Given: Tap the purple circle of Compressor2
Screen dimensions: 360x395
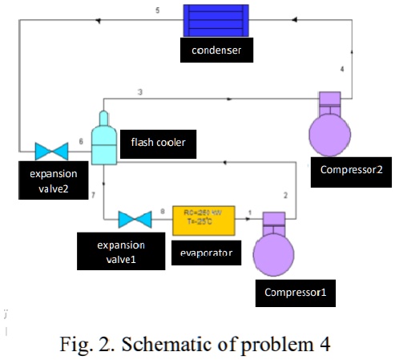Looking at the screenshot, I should (x=330, y=132).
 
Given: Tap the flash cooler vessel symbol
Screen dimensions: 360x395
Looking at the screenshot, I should (x=104, y=140).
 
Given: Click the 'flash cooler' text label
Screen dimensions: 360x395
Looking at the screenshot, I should (x=158, y=144).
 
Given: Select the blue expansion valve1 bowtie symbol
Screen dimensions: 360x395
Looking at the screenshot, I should (x=134, y=219).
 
